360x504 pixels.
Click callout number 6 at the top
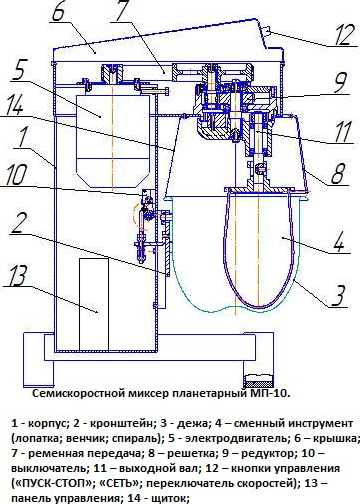[59, 11]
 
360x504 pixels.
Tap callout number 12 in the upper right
[341, 34]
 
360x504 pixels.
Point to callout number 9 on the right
[340, 82]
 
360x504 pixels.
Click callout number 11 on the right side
[342, 131]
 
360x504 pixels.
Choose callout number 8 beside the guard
[338, 173]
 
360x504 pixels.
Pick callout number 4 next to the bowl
[338, 241]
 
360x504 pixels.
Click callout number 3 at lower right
[338, 295]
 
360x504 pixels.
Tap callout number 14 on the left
[13, 104]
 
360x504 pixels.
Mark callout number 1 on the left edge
[22, 137]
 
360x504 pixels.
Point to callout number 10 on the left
[16, 175]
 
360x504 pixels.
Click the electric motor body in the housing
[112, 141]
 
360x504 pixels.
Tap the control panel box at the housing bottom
[94, 304]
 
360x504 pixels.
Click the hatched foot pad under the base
[259, 378]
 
